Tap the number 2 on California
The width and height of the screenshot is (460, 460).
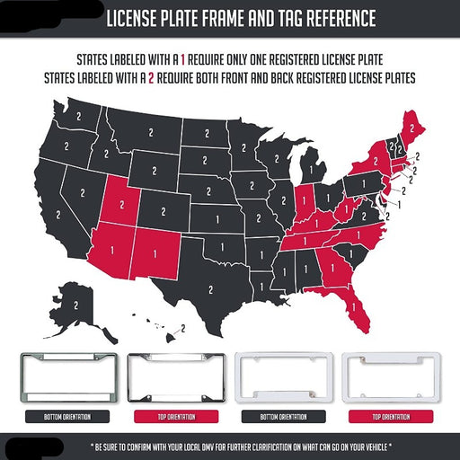[x=59, y=217]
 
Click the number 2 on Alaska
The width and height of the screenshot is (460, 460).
[x=77, y=305]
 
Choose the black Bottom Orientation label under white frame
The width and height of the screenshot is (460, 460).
[x=276, y=417]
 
